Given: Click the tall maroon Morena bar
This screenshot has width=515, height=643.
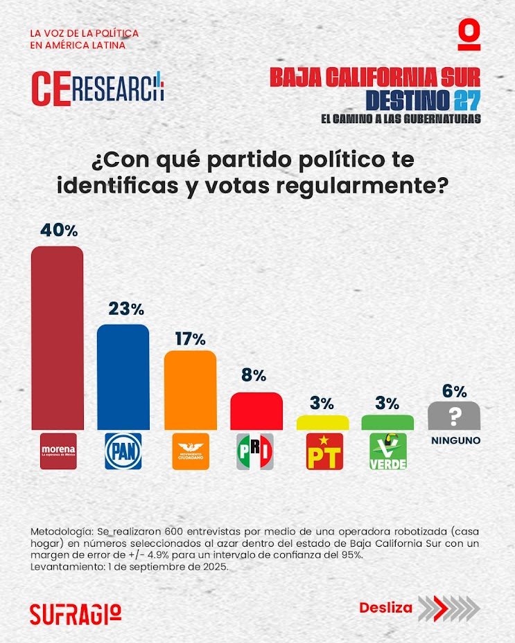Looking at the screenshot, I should point(58,338).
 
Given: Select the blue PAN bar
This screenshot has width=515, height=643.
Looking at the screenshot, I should point(123,377).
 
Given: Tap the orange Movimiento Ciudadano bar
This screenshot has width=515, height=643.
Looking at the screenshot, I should point(190,390).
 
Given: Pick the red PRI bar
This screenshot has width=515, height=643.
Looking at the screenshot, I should point(256,411).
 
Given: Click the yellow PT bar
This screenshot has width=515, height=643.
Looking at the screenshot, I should point(322,422).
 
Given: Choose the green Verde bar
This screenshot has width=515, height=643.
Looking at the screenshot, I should point(387,422).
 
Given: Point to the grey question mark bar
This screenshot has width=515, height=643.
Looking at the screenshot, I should point(454,415).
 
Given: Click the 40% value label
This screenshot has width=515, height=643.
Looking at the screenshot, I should point(58,230).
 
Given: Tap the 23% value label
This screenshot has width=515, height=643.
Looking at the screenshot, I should point(124,309).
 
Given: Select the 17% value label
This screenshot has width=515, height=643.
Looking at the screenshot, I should point(189,339).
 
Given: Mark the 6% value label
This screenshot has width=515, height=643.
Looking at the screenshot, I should point(454,390).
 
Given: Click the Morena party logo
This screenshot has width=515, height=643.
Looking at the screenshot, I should point(58,451).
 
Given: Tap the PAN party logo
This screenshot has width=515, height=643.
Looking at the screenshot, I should point(123,451).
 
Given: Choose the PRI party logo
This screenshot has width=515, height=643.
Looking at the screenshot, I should point(256,451).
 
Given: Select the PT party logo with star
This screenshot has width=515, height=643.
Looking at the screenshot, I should point(323,451).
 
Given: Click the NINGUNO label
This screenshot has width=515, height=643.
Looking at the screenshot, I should point(454,440).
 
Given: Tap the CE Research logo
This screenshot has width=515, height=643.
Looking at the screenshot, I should point(98,87).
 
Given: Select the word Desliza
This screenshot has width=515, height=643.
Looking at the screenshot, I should point(385,608).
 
